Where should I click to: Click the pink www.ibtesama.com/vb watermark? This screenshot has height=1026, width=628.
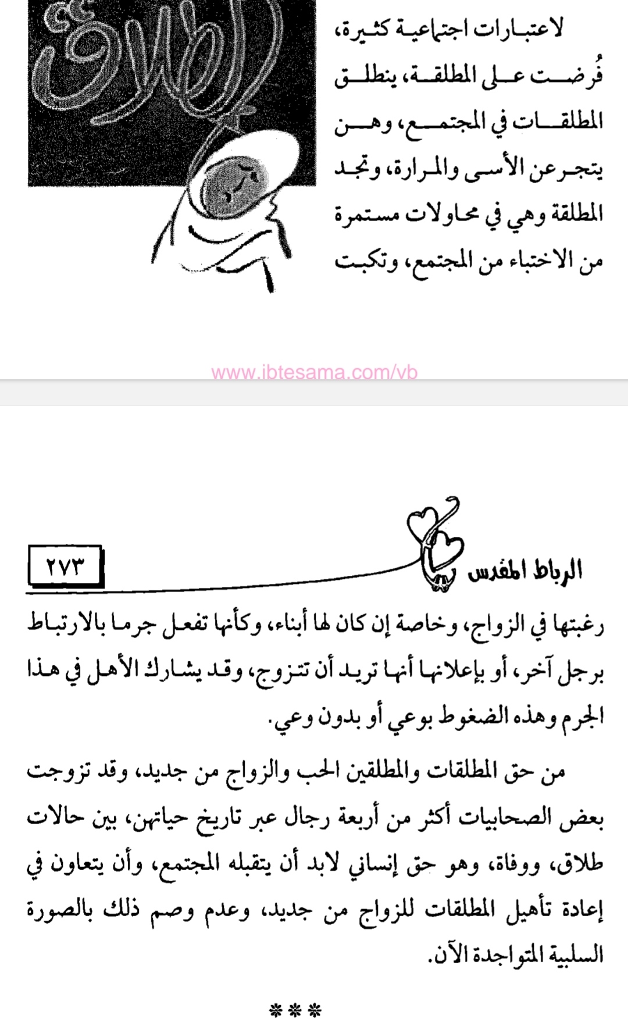(x=315, y=373)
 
